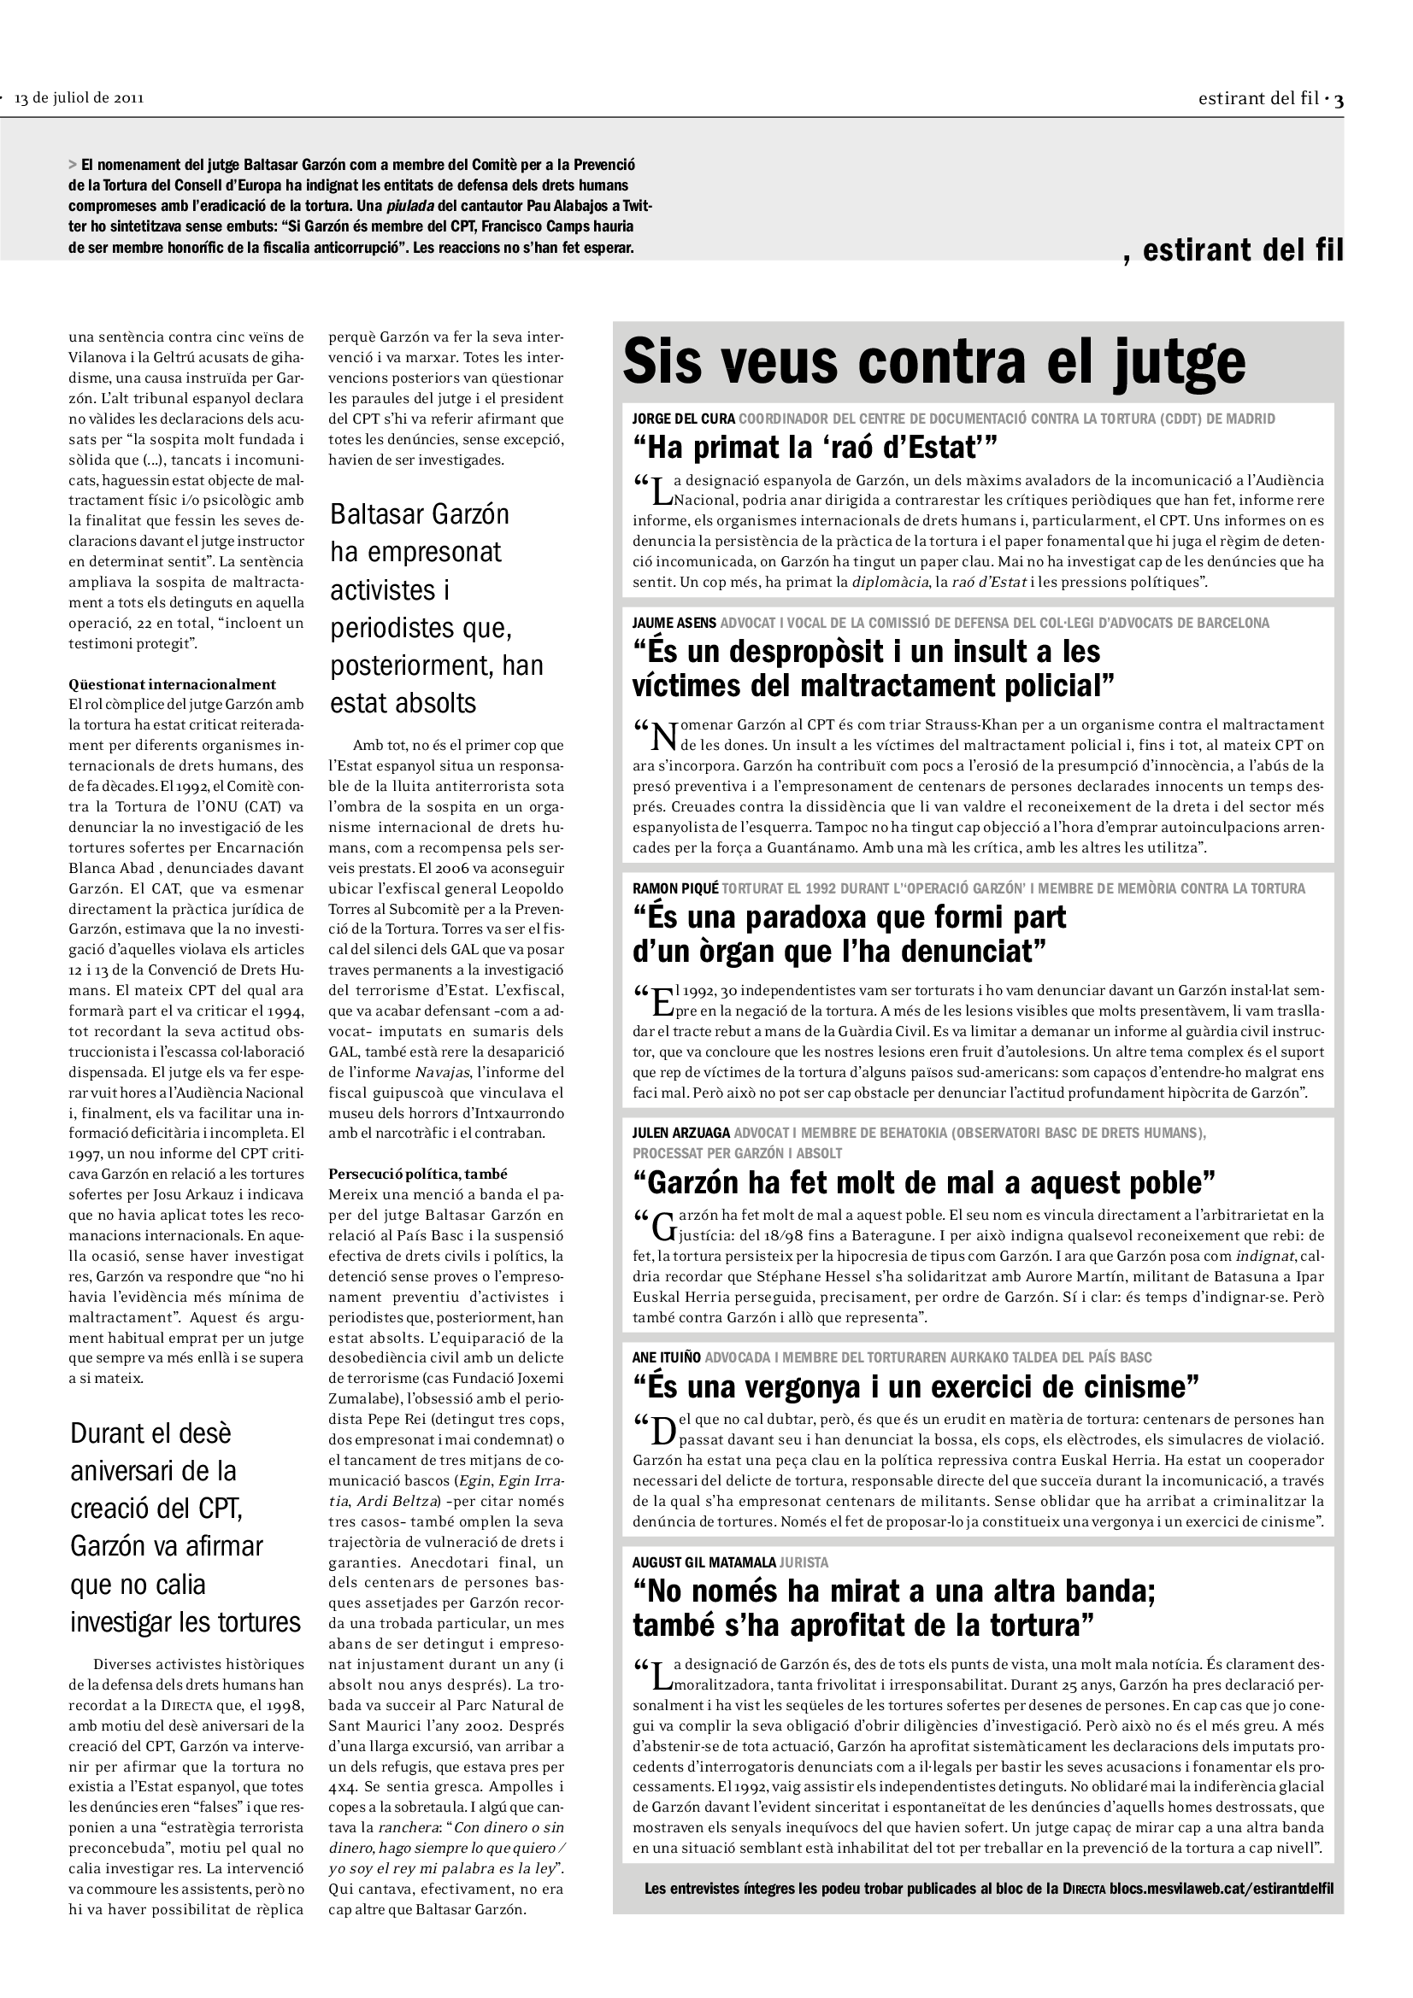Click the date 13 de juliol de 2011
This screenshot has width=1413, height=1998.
click(79, 98)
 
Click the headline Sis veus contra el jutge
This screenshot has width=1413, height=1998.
click(933, 362)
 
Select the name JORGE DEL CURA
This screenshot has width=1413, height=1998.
click(684, 419)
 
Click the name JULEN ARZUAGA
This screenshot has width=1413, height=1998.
click(680, 1133)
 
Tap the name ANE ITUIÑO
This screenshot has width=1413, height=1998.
click(667, 1357)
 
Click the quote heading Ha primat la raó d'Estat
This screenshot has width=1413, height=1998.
click(815, 448)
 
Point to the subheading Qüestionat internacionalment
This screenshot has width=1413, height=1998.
click(173, 684)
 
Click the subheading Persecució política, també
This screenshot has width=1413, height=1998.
click(418, 1173)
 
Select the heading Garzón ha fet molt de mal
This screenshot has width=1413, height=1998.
click(924, 1183)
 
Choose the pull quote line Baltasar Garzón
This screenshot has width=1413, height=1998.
click(419, 514)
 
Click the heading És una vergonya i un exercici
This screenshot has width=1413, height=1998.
click(916, 1386)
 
